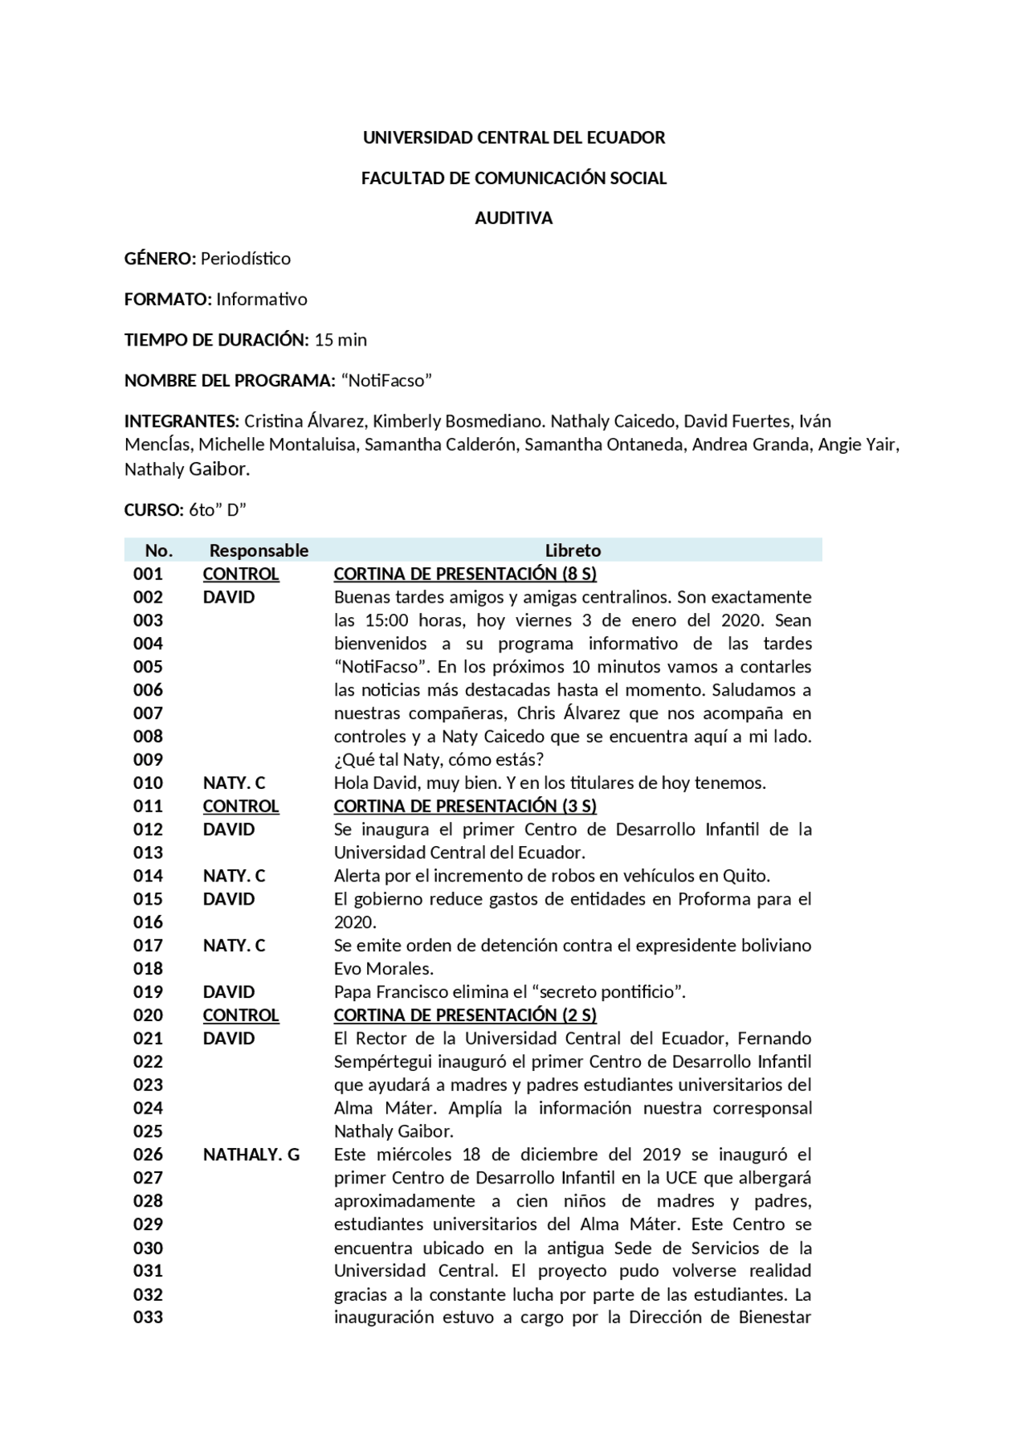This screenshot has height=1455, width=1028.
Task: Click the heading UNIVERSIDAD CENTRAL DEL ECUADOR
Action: (x=514, y=138)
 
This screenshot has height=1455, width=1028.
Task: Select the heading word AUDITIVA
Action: (x=514, y=219)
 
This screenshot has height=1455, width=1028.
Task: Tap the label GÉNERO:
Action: (x=160, y=259)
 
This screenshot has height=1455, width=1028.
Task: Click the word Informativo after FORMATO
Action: (x=262, y=300)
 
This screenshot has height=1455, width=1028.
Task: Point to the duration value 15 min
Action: (x=341, y=340)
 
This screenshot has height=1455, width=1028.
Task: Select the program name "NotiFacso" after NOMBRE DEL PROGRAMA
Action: (x=387, y=381)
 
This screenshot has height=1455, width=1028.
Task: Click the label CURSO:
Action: (x=154, y=510)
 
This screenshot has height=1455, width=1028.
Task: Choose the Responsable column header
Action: (x=259, y=551)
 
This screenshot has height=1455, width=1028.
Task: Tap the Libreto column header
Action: (x=573, y=551)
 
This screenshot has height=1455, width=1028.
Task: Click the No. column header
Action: (x=159, y=551)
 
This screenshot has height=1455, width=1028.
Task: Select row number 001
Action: (x=149, y=574)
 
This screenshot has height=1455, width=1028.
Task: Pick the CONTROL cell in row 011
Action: (x=241, y=807)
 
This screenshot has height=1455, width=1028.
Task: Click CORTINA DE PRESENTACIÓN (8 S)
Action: (x=465, y=574)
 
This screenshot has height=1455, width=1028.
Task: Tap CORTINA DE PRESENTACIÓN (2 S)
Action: (x=465, y=1016)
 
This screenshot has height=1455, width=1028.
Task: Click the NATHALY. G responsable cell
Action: (x=251, y=1155)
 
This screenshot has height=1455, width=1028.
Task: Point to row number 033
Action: (x=149, y=1318)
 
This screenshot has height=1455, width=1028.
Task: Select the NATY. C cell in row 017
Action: (x=234, y=946)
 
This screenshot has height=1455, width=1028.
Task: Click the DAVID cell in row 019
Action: (x=229, y=992)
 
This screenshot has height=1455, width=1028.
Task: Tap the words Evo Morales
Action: (x=384, y=969)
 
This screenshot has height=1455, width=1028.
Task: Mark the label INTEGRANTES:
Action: (x=182, y=422)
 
